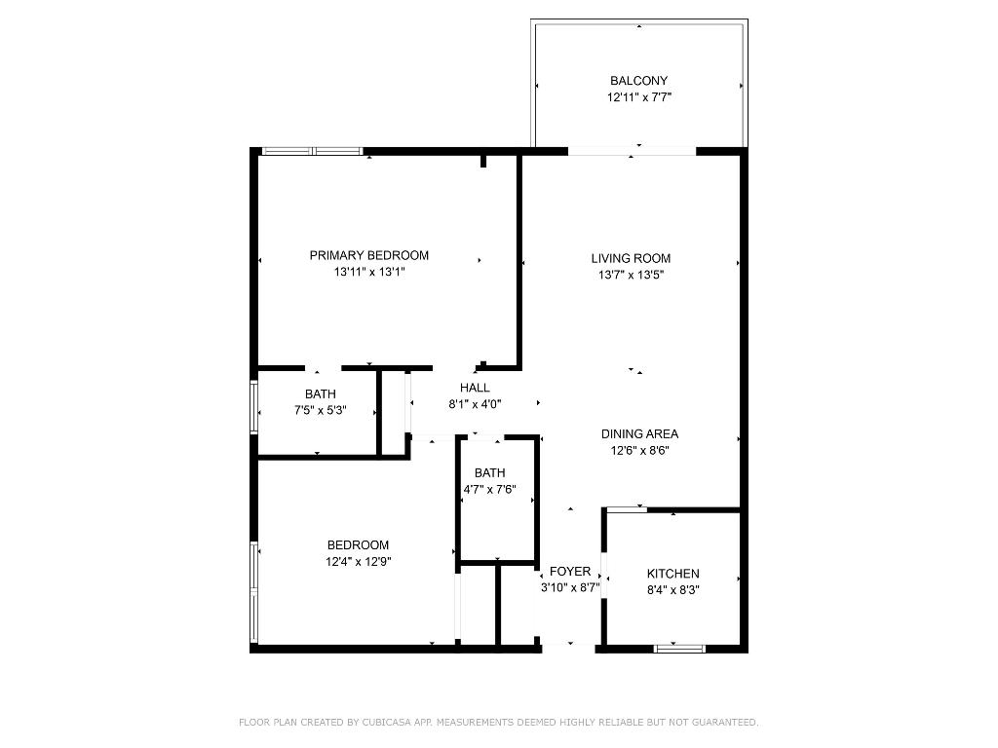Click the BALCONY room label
(x=638, y=81)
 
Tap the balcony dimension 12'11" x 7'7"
(x=638, y=97)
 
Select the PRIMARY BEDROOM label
(x=368, y=255)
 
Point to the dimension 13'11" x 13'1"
(x=368, y=273)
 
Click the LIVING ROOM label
(x=631, y=258)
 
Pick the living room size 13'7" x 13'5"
(x=631, y=275)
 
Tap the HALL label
(x=475, y=388)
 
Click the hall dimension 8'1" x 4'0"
(x=475, y=404)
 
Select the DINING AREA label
(x=638, y=434)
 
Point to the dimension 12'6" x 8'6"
(x=638, y=451)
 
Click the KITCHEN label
(x=672, y=574)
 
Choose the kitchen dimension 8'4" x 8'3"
(x=672, y=590)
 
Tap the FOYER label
(x=569, y=571)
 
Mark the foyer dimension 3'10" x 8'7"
(x=569, y=587)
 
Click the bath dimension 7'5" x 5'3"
(x=320, y=410)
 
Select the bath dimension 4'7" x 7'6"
(x=489, y=490)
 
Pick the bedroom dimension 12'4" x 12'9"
(x=358, y=561)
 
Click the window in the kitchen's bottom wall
(x=679, y=648)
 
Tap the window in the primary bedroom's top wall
(x=312, y=151)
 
